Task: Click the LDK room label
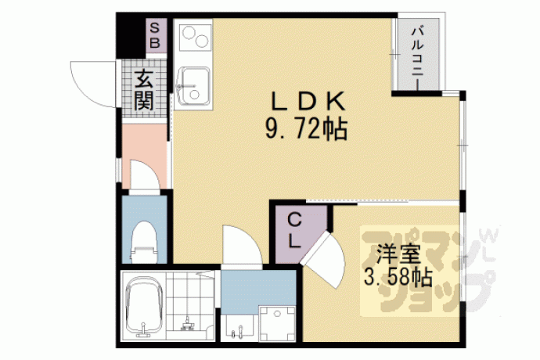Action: [308, 102]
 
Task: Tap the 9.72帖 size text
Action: [306, 130]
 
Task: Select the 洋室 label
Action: [398, 254]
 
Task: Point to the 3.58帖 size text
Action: [398, 277]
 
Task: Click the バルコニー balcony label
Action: [418, 56]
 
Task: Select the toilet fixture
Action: [145, 242]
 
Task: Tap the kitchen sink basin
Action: [193, 85]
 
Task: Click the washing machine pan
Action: [277, 323]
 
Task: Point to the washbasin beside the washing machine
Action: [237, 327]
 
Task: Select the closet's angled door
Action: [324, 259]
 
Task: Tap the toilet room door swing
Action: [145, 175]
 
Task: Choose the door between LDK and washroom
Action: [242, 245]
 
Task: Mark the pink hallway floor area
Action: [145, 156]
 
